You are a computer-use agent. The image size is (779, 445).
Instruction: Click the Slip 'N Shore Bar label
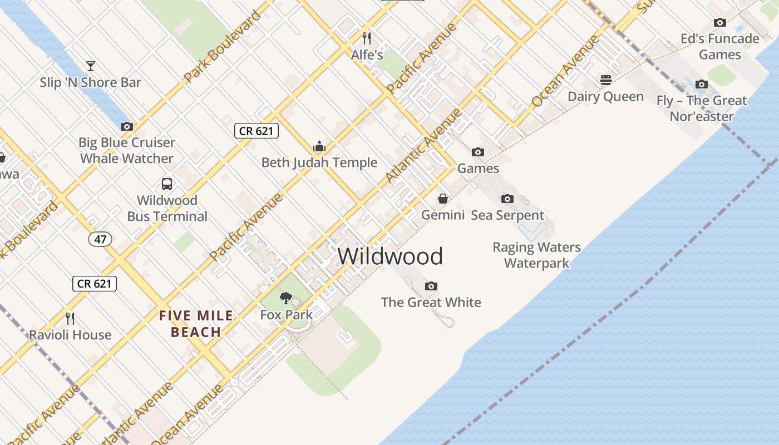[90, 83]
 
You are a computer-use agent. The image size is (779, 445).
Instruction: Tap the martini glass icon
[91, 66]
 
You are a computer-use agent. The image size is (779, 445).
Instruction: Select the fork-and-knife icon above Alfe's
[367, 38]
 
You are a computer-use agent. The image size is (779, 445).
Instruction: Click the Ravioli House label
[70, 335]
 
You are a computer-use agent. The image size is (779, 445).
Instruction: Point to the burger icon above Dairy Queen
[606, 80]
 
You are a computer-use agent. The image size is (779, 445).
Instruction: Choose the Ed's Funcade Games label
[720, 47]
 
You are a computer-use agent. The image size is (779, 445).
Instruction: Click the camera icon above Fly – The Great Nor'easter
[702, 85]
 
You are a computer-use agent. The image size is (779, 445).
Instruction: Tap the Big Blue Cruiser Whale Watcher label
[127, 150]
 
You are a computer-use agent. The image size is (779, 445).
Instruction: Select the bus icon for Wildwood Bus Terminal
[166, 184]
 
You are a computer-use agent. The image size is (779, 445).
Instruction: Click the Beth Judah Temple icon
[319, 147]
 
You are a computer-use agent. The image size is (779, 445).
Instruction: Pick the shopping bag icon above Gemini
[443, 199]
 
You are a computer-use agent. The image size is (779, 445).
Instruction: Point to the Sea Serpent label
[507, 215]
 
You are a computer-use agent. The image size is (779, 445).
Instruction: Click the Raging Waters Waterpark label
[536, 255]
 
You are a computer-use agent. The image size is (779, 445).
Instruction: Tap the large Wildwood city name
[390, 256]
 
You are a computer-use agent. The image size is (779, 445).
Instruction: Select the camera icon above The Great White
[431, 286]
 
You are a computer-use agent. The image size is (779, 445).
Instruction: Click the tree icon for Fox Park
[286, 298]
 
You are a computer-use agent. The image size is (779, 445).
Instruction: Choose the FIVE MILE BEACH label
[196, 324]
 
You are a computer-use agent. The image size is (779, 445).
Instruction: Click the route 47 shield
[100, 240]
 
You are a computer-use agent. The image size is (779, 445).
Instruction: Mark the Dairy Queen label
[605, 97]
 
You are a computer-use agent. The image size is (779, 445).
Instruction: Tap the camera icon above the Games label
[477, 152]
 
